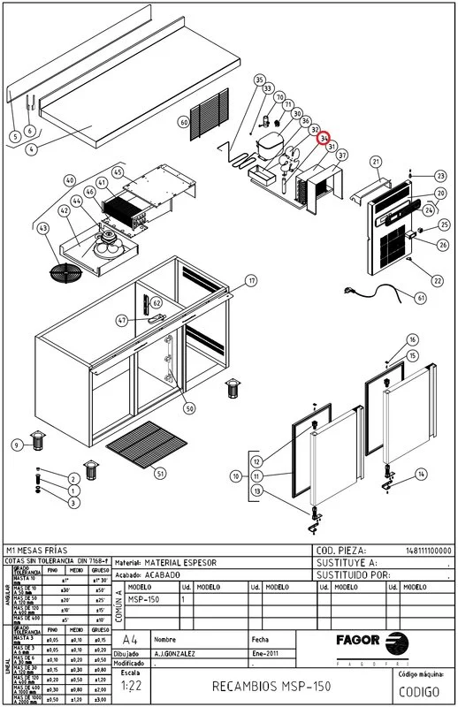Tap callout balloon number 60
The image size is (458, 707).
pyautogui.click(x=184, y=123)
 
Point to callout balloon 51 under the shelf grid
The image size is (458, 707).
pyautogui.click(x=160, y=475)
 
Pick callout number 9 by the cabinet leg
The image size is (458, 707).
pyautogui.click(x=16, y=444)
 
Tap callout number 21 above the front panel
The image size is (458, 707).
pyautogui.click(x=376, y=162)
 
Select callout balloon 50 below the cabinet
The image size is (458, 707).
pyautogui.click(x=189, y=408)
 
